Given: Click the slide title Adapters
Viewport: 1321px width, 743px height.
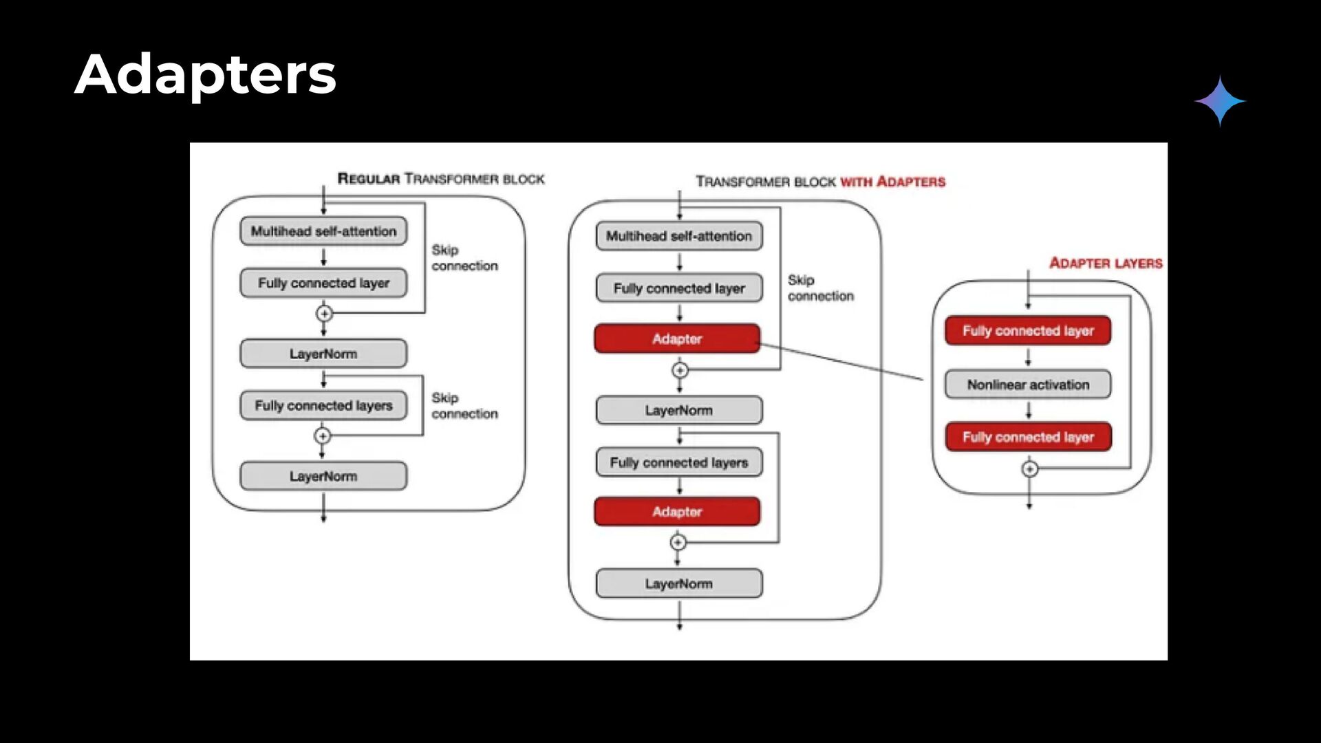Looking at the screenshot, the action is [205, 74].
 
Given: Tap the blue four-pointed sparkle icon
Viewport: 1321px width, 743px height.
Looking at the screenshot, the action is [1220, 101].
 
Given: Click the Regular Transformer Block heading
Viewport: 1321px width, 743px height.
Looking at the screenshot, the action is [440, 179].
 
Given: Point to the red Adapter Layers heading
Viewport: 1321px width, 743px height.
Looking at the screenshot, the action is [1106, 263].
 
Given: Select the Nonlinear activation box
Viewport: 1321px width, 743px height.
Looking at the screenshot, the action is [1028, 385].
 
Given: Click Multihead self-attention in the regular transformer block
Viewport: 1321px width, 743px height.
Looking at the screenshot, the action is [323, 231].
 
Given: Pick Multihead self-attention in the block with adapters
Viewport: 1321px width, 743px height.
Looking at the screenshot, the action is [679, 236].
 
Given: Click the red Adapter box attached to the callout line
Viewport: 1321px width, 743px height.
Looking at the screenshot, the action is [678, 338].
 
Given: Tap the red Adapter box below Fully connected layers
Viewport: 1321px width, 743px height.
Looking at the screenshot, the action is [678, 512].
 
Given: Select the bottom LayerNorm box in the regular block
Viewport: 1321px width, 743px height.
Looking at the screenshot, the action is [323, 476].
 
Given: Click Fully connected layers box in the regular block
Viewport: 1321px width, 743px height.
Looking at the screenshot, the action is [323, 405].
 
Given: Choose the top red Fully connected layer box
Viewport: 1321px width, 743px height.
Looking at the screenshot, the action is [1028, 331].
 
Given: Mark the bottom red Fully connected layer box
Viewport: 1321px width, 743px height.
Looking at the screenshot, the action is [1028, 437].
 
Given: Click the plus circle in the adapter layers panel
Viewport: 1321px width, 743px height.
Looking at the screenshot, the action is [1029, 469].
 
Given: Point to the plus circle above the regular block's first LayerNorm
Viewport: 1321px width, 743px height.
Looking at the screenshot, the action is [324, 314].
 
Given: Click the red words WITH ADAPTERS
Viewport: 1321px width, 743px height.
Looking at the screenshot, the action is [893, 182].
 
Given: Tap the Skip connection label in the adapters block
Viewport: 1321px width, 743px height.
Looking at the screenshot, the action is [821, 288].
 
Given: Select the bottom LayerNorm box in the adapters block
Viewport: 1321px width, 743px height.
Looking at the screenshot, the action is [679, 583].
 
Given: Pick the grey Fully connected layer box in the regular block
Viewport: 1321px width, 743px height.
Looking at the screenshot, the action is [323, 283].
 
